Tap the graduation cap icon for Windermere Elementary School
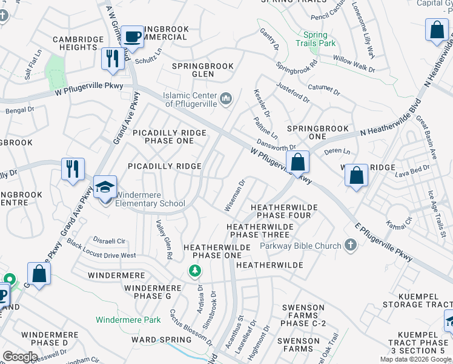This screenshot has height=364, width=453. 105,187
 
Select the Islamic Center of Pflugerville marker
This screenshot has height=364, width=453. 226,98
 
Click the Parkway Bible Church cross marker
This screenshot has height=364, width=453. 349,245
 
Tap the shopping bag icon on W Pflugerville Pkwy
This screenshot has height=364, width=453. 297,163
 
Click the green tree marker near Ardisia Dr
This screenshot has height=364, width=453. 195,271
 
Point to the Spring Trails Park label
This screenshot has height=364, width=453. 316,39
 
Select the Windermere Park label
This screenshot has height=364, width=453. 128,320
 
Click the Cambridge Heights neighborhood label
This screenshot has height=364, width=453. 78,44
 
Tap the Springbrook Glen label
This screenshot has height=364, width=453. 202,70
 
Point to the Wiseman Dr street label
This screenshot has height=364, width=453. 235,195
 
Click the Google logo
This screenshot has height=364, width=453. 20,357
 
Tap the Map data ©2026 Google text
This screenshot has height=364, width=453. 415,359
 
